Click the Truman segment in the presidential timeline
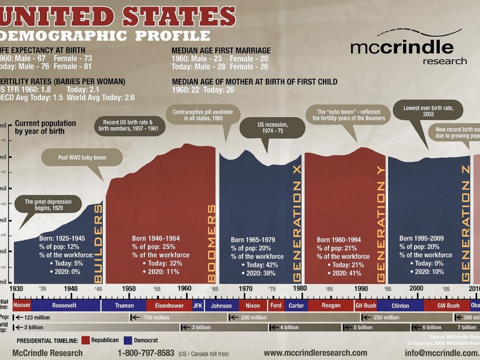[124, 306]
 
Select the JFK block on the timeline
[198, 306]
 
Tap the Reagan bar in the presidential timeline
[331, 306]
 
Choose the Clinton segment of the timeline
[400, 306]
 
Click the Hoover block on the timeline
[22, 306]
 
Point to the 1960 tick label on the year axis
[184, 288]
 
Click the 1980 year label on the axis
[300, 288]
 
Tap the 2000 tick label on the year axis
[416, 288]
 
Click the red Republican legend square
[85, 340]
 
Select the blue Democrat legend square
[128, 340]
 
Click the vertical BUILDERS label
[98, 244]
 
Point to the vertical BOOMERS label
[212, 244]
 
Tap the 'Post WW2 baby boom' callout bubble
[82, 158]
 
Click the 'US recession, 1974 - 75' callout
[272, 128]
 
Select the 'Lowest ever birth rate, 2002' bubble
[428, 111]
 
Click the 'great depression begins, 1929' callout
[48, 205]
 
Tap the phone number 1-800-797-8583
[146, 353]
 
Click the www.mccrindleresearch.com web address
[315, 353]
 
